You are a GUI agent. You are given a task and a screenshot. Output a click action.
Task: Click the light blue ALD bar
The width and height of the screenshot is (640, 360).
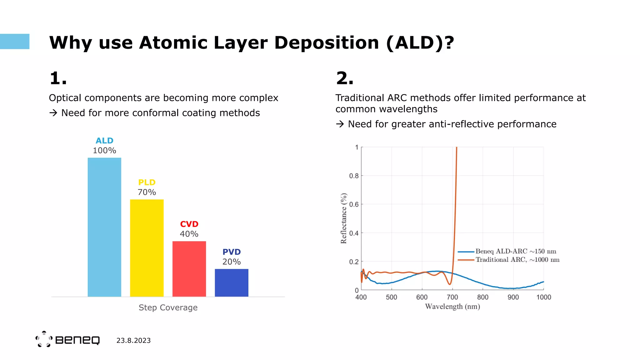point(104,227)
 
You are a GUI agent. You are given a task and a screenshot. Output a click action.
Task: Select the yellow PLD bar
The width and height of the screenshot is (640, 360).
point(147,248)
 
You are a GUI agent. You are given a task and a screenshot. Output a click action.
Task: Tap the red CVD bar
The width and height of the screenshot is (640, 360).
point(189,269)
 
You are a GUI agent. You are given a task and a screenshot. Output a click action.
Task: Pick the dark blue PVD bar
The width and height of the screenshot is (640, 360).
point(232,282)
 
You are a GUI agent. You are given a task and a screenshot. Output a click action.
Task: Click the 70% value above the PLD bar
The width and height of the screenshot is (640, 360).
point(147,192)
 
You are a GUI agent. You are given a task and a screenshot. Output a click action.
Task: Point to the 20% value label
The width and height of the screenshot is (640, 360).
point(232,262)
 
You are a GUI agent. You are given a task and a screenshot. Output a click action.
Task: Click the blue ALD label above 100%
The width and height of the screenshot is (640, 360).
point(104,141)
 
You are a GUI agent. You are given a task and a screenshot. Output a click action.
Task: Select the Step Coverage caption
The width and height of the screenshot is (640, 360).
point(168,307)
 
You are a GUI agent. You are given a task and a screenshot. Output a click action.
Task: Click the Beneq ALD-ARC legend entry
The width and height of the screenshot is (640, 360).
point(516,251)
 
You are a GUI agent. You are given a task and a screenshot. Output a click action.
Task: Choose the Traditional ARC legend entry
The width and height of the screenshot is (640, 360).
point(517,260)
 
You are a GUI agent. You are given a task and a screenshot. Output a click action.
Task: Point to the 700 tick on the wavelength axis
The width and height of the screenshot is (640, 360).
point(452,297)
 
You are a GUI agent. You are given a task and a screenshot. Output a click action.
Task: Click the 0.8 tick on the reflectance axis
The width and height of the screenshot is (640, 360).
point(354,176)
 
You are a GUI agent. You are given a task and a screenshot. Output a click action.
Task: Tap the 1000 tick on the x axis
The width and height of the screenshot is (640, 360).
point(543,297)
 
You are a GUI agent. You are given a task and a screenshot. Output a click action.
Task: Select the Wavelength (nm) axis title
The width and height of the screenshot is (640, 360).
point(452,307)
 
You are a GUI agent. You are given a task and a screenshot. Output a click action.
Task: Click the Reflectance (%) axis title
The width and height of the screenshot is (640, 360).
point(343,218)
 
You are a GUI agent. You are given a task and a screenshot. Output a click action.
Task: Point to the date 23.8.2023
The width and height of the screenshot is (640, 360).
point(133,341)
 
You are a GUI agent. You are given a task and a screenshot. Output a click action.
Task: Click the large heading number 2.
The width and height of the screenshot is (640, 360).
point(344,78)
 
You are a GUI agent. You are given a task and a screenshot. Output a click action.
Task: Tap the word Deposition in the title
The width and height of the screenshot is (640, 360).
point(327,42)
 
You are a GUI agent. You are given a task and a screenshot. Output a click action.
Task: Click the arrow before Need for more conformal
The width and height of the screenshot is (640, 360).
point(53,113)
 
